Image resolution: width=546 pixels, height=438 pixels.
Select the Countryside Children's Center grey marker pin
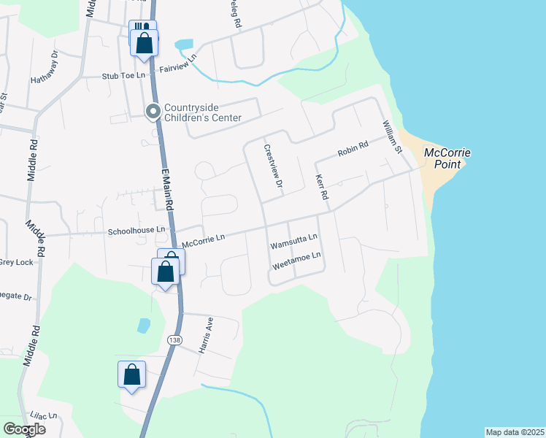click(x=153, y=111)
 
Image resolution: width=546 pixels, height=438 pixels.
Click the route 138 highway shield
click(x=174, y=339)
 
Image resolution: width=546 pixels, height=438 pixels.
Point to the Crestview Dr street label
click(x=273, y=166)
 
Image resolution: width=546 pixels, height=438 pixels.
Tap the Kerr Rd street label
click(x=320, y=188)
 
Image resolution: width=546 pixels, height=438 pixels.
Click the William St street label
click(x=392, y=138)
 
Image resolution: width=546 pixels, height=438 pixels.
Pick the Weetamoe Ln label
click(x=296, y=259)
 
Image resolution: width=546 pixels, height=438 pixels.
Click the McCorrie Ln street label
click(x=204, y=239)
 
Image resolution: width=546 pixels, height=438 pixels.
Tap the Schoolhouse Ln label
click(x=137, y=231)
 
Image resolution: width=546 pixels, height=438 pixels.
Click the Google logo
click(x=24, y=429)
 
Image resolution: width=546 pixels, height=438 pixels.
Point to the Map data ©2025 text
click(x=515, y=432)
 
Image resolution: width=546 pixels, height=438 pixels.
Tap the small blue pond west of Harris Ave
click(x=144, y=325)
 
